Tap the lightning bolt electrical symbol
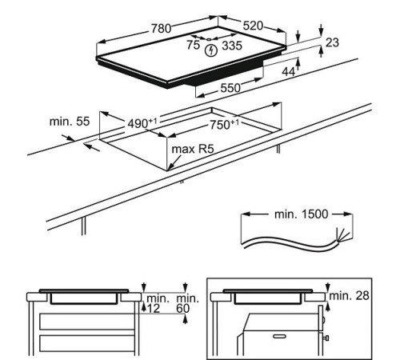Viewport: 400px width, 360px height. [x=211, y=50]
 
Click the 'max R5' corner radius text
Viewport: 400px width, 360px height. [x=190, y=149]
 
